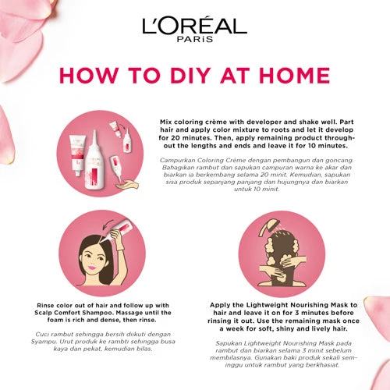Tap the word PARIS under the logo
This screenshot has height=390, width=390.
[195, 39]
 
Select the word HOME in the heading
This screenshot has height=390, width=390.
[295, 76]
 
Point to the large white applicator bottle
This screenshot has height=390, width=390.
[95, 164]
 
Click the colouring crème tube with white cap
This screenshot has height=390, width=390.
[77, 154]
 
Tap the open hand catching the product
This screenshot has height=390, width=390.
[127, 185]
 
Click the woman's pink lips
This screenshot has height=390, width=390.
[91, 267]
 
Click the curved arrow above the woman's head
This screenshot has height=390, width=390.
[108, 224]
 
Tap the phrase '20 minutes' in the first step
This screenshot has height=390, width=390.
[181, 138]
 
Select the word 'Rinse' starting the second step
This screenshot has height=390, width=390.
[45, 305]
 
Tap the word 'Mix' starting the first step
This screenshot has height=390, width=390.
[166, 122]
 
